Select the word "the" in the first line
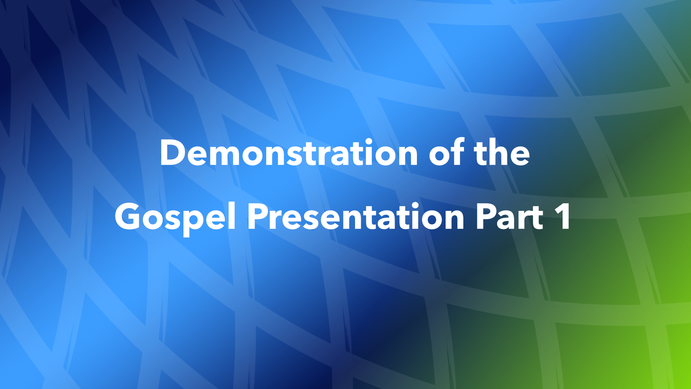click(x=502, y=153)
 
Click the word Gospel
click(x=175, y=217)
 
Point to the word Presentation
click(x=356, y=217)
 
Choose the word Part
click(x=509, y=217)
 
